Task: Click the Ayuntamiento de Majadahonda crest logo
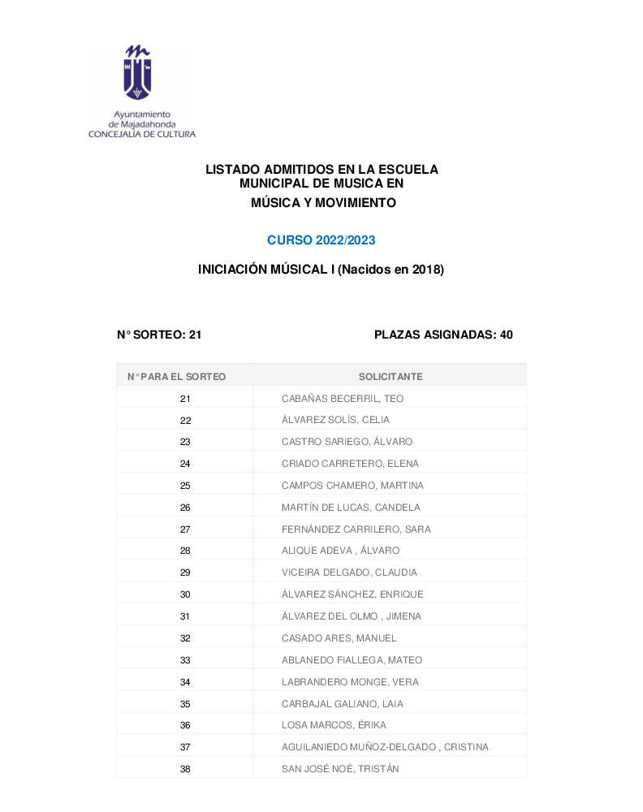(136, 72)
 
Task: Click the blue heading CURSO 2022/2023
(321, 240)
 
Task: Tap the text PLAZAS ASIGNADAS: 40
(443, 335)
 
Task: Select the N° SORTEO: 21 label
(159, 335)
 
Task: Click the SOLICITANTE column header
(391, 377)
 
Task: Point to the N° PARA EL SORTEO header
(177, 377)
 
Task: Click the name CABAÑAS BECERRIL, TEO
(343, 399)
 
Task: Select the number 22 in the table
(185, 420)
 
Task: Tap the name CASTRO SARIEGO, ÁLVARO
(347, 442)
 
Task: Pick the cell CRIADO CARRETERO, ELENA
(350, 464)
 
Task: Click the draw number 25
(185, 486)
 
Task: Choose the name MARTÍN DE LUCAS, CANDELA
(351, 508)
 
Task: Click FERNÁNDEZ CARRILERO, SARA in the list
(356, 529)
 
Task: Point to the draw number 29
(185, 572)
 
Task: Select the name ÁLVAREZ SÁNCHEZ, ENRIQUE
(352, 594)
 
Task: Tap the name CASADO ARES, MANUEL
(338, 638)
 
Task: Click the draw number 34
(185, 682)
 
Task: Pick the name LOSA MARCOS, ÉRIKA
(334, 725)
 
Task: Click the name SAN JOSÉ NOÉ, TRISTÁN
(340, 769)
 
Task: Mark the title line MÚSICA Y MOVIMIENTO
(324, 203)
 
